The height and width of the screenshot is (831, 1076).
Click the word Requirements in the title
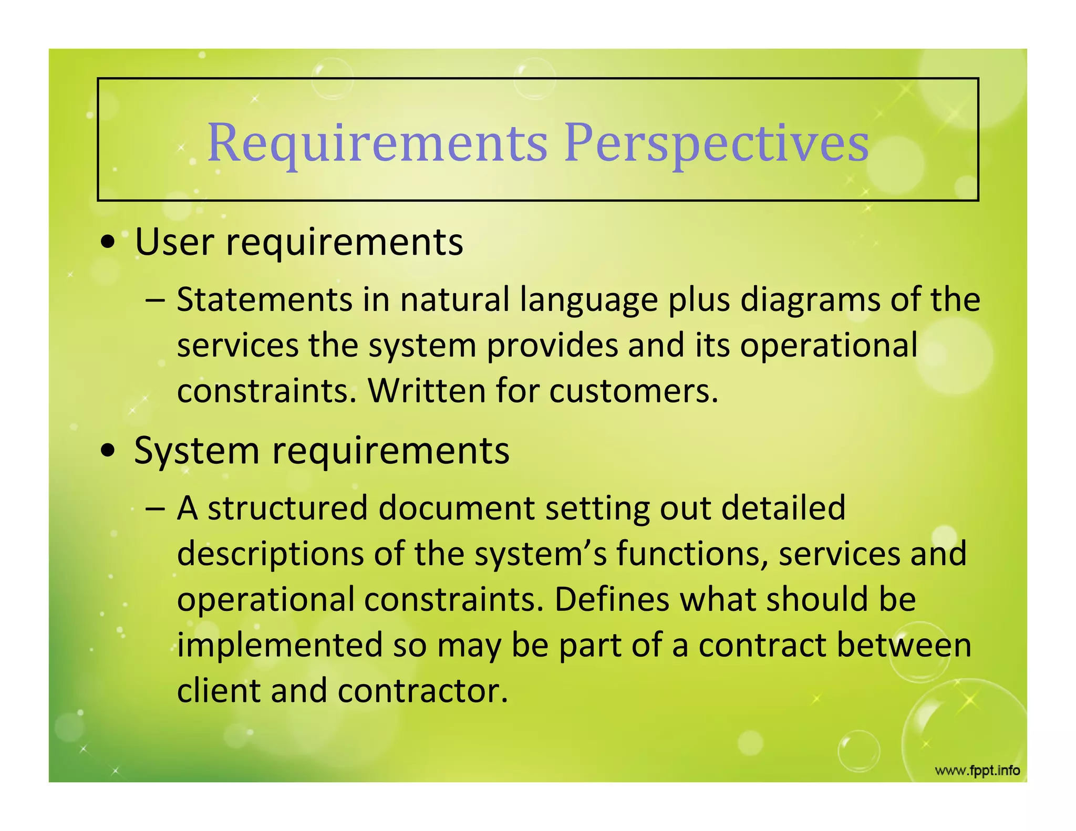[377, 143]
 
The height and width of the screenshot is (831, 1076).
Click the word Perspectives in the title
[717, 143]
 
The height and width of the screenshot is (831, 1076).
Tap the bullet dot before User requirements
[108, 243]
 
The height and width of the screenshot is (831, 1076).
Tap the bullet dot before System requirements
[108, 451]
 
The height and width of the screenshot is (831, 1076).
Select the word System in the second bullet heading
[196, 451]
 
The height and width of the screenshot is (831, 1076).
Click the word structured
[287, 508]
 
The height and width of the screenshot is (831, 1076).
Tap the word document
[457, 508]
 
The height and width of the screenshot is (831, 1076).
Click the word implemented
[280, 646]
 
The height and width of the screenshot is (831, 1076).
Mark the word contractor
[423, 691]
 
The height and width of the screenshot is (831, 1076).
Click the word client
[219, 691]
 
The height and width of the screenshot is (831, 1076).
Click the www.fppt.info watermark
[977, 771]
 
